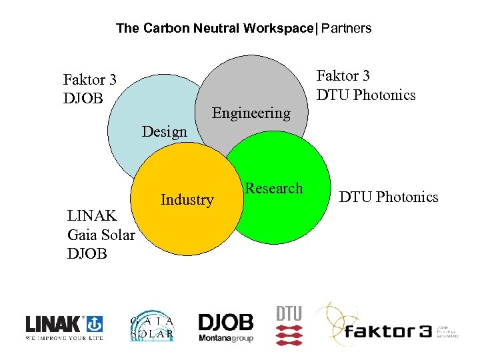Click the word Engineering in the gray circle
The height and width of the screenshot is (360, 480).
click(251, 113)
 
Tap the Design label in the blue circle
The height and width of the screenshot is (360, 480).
click(164, 131)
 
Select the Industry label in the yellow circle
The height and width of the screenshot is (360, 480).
click(187, 199)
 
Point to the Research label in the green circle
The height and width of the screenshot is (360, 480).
click(273, 189)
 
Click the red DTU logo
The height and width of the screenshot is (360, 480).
click(289, 325)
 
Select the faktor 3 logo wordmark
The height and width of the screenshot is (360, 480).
click(387, 331)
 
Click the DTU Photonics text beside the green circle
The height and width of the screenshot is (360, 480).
click(389, 197)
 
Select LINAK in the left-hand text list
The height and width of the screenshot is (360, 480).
click(93, 216)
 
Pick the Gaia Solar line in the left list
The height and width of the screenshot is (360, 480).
click(101, 235)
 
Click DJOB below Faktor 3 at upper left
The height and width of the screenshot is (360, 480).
click(83, 99)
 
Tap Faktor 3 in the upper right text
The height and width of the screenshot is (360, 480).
click(343, 76)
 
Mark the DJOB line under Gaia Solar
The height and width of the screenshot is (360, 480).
click(88, 253)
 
